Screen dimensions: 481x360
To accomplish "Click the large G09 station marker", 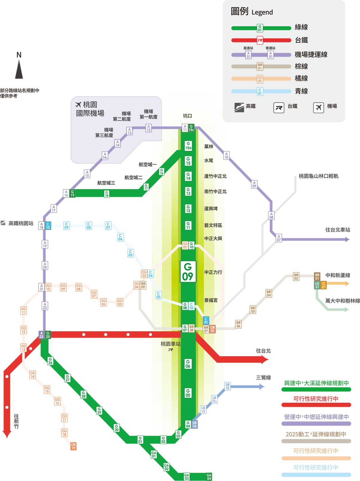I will (188, 271).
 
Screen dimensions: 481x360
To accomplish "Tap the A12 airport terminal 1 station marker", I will (148, 128).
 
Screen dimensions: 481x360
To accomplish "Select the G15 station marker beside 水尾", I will (188, 161).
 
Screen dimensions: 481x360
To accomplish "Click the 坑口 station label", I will (187, 116).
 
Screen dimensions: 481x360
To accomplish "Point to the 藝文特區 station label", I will (213, 225).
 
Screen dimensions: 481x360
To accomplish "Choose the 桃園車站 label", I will (170, 344).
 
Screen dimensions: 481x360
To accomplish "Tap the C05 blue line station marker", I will (130, 253).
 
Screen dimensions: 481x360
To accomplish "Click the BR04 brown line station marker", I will (269, 293).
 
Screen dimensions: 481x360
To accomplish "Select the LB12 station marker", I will (227, 386).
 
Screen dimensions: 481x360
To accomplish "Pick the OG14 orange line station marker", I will (32, 375).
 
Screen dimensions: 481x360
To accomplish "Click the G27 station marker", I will (67, 378).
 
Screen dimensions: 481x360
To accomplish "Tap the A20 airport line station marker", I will (45, 265).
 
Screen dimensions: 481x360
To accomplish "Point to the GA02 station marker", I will (166, 467).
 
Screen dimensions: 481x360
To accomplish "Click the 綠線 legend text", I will (301, 27).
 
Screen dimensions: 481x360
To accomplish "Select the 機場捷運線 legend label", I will (311, 55).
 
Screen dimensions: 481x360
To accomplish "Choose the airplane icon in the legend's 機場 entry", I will (318, 107).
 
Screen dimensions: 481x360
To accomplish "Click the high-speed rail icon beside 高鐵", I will (239, 107).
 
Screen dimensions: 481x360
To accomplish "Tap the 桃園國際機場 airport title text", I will (90, 109).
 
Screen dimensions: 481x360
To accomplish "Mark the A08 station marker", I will (271, 215).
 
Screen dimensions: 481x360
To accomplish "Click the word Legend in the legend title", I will (262, 12).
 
